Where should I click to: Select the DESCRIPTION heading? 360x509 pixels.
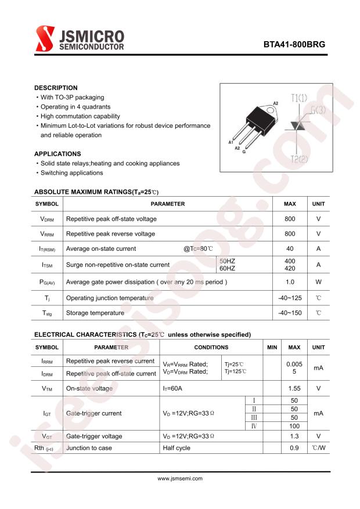click(x=56, y=88)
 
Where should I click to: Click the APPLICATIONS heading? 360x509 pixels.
click(x=57, y=154)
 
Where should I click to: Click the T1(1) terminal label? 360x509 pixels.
click(x=299, y=98)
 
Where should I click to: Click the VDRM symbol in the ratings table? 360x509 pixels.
click(x=47, y=219)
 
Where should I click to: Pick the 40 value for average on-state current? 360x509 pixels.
click(x=290, y=248)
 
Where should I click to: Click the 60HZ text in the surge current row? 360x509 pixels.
click(x=227, y=268)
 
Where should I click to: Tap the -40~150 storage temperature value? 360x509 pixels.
click(x=290, y=313)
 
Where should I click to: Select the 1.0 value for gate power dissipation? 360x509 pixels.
click(x=290, y=282)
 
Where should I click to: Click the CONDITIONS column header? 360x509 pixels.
click(x=211, y=347)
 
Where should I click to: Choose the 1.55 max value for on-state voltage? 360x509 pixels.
click(x=294, y=388)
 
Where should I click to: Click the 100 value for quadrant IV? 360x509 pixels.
click(x=294, y=426)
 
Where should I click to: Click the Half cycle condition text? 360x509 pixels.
click(x=177, y=448)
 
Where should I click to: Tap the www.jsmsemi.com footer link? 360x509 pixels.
click(x=180, y=479)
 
